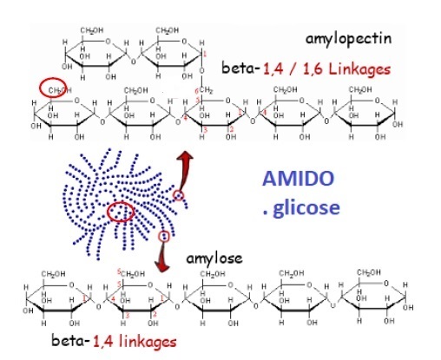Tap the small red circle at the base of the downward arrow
click(163, 235)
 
